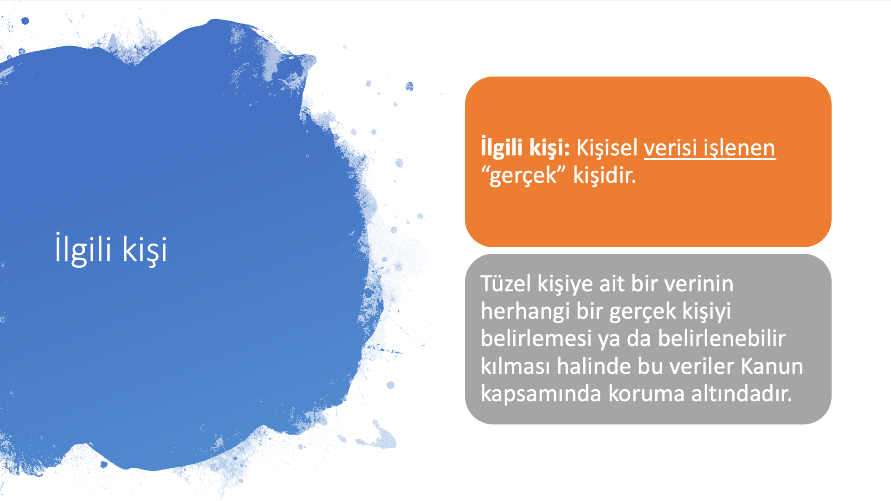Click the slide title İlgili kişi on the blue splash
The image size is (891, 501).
[111, 249]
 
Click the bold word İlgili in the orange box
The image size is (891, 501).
[502, 148]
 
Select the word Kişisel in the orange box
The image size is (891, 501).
[607, 148]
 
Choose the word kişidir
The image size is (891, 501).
[605, 175]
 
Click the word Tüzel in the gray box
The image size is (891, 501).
[505, 283]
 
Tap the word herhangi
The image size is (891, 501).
[525, 311]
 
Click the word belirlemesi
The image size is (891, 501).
[536, 338]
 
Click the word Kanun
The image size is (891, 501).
[772, 366]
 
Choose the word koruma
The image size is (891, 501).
[646, 394]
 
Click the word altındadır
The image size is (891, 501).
[742, 393]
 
